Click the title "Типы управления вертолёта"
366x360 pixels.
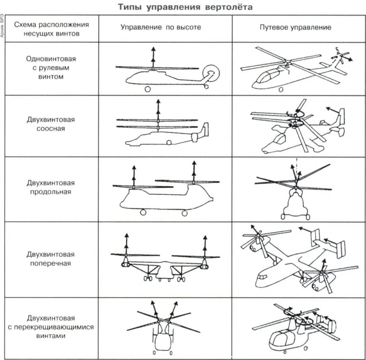(x=185, y=7)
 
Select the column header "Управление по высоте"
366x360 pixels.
(x=161, y=27)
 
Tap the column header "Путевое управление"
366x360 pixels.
(x=295, y=27)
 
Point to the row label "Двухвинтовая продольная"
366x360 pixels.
(x=47, y=187)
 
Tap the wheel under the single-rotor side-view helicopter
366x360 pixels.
(x=148, y=89)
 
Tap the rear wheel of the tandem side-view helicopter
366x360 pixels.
(x=184, y=213)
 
